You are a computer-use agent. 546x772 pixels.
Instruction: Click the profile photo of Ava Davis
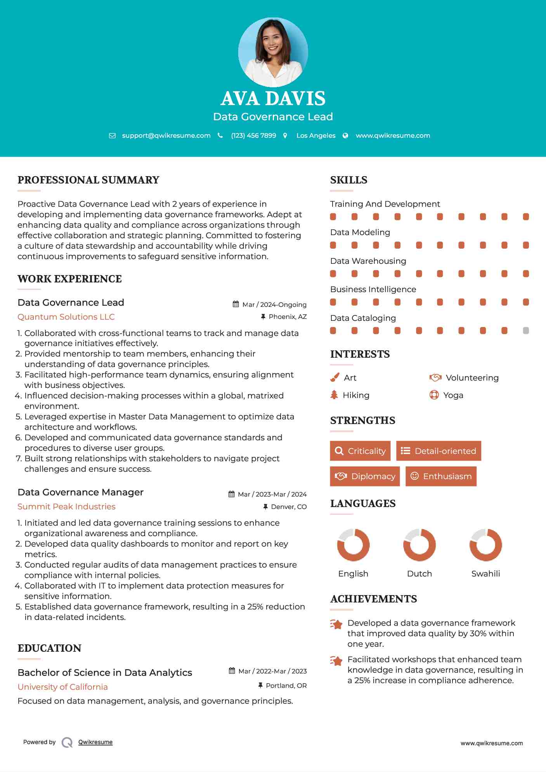tap(273, 52)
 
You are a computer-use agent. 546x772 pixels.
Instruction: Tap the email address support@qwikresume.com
tap(166, 135)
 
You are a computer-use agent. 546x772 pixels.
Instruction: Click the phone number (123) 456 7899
tap(253, 135)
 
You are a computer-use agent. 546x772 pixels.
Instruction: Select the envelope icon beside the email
tap(112, 135)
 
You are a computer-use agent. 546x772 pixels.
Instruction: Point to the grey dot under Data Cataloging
tap(526, 331)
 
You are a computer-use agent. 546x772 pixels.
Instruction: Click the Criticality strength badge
tap(360, 451)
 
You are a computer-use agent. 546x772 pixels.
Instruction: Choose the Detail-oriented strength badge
tap(439, 451)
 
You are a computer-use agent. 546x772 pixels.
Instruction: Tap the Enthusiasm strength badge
tap(441, 476)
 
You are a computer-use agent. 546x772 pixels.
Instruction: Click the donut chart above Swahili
tap(485, 545)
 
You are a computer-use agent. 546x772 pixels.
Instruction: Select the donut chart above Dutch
tap(419, 545)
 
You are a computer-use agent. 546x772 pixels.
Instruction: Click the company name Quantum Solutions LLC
tap(66, 317)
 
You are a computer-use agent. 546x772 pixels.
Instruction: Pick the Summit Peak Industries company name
tap(66, 507)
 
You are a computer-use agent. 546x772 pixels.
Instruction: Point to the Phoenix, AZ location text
tap(288, 317)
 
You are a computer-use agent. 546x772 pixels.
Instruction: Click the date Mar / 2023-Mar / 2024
tap(272, 494)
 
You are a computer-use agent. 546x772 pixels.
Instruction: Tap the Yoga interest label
tap(453, 395)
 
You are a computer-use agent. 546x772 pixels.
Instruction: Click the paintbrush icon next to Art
tap(335, 377)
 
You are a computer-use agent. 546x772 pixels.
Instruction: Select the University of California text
tap(62, 687)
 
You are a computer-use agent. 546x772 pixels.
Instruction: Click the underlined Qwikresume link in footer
tap(95, 742)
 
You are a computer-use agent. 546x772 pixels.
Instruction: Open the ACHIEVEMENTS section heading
tap(373, 599)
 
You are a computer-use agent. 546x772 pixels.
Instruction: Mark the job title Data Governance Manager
tap(80, 492)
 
